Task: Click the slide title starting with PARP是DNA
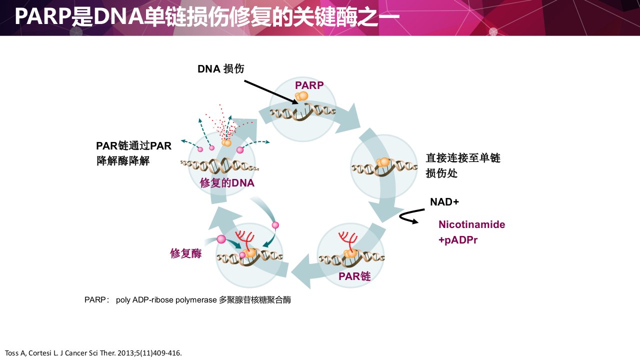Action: (207, 16)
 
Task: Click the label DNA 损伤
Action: (221, 69)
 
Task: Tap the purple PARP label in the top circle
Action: (309, 85)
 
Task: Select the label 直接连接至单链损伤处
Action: (463, 165)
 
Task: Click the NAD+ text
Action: (444, 202)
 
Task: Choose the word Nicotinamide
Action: (471, 224)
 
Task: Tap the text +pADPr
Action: (457, 240)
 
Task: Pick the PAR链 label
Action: (354, 276)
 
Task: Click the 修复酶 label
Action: (185, 253)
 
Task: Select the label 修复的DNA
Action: (227, 183)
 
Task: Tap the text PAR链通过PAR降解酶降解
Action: (133, 153)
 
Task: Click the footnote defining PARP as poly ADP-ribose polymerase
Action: (187, 300)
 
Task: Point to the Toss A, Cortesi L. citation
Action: (93, 353)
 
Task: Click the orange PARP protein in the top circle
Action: (301, 96)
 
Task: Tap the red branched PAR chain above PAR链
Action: (347, 240)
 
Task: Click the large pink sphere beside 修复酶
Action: (221, 239)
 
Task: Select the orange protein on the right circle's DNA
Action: (383, 162)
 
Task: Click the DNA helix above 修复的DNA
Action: (219, 165)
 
